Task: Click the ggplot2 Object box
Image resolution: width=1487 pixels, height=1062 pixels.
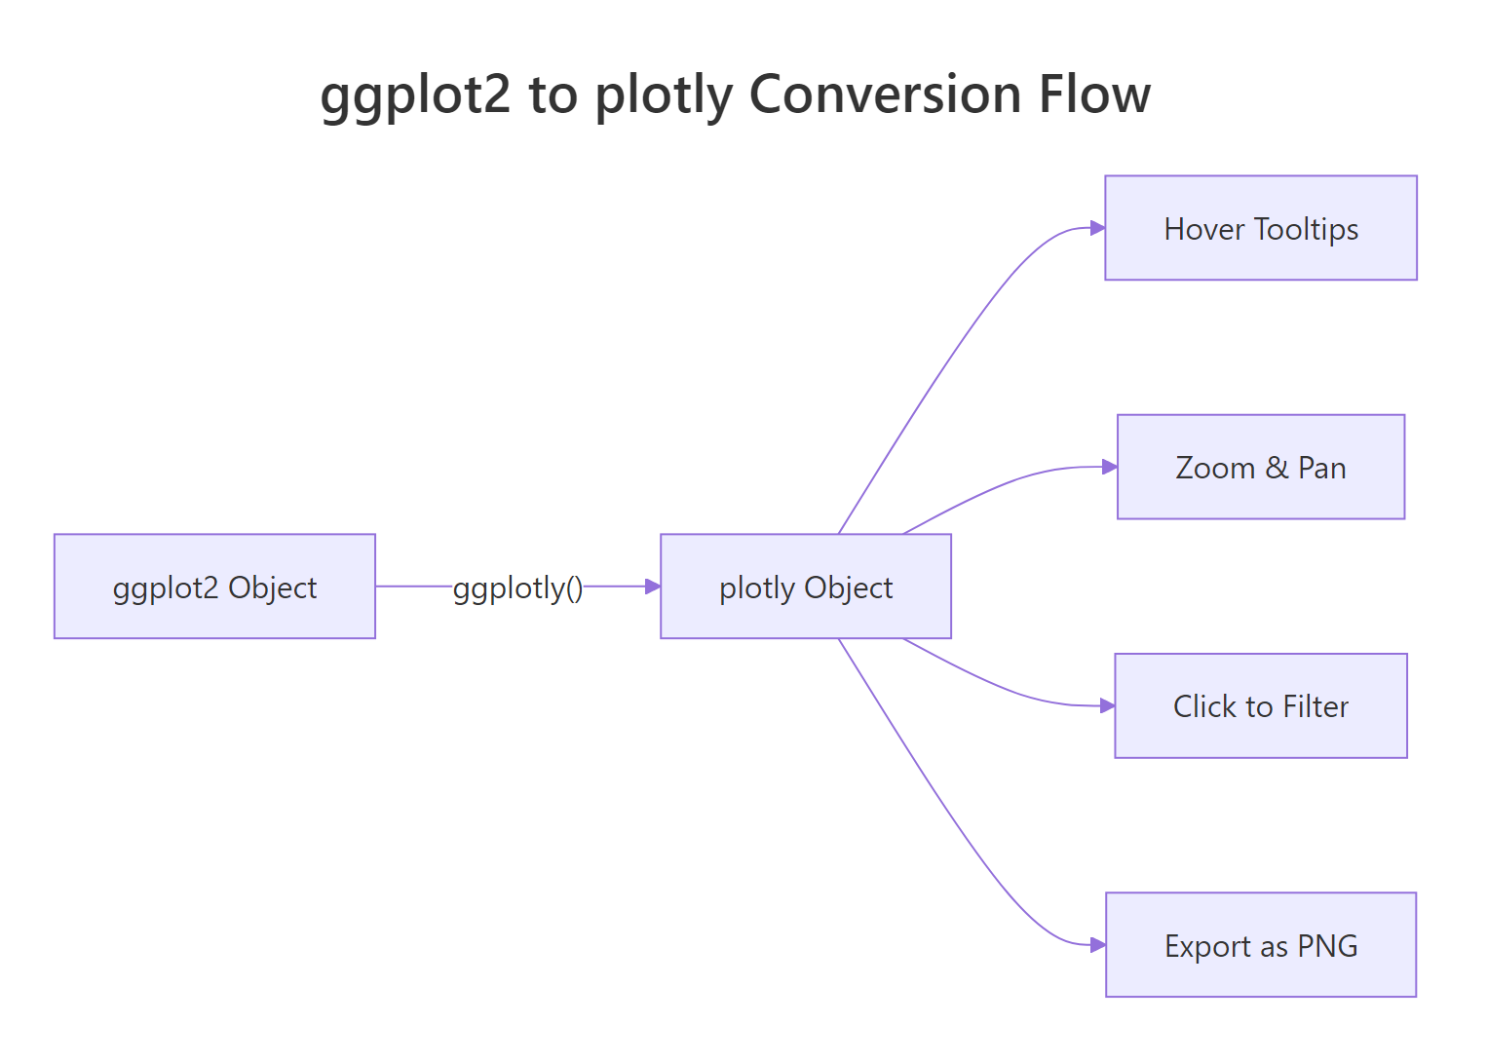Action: coord(214,587)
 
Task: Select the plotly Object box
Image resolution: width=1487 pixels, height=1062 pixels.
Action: coord(805,587)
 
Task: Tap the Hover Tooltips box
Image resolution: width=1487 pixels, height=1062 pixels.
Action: coord(1260,228)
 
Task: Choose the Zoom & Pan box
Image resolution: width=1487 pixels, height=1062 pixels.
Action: coord(1260,467)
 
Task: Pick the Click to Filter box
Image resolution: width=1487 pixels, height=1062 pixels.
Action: coord(1260,705)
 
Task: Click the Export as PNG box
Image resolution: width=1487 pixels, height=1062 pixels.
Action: coord(1260,944)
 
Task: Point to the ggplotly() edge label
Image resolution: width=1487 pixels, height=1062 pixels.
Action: coord(517,588)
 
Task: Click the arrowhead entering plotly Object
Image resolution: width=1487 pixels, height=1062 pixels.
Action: coord(653,587)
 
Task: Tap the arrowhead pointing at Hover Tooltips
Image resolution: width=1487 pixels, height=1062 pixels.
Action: coord(1097,228)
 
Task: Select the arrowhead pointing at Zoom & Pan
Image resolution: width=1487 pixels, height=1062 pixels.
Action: coord(1109,467)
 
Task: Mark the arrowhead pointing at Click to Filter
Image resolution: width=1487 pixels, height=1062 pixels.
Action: coord(1107,705)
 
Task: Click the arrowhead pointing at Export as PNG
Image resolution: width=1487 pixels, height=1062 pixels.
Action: coord(1097,944)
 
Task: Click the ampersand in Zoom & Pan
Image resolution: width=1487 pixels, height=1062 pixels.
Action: coord(1277,468)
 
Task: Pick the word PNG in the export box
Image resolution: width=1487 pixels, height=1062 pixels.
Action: coord(1327,945)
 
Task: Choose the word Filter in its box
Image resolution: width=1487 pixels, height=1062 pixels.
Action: coord(1315,706)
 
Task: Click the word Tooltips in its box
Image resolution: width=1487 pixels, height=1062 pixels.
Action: coord(1306,229)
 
